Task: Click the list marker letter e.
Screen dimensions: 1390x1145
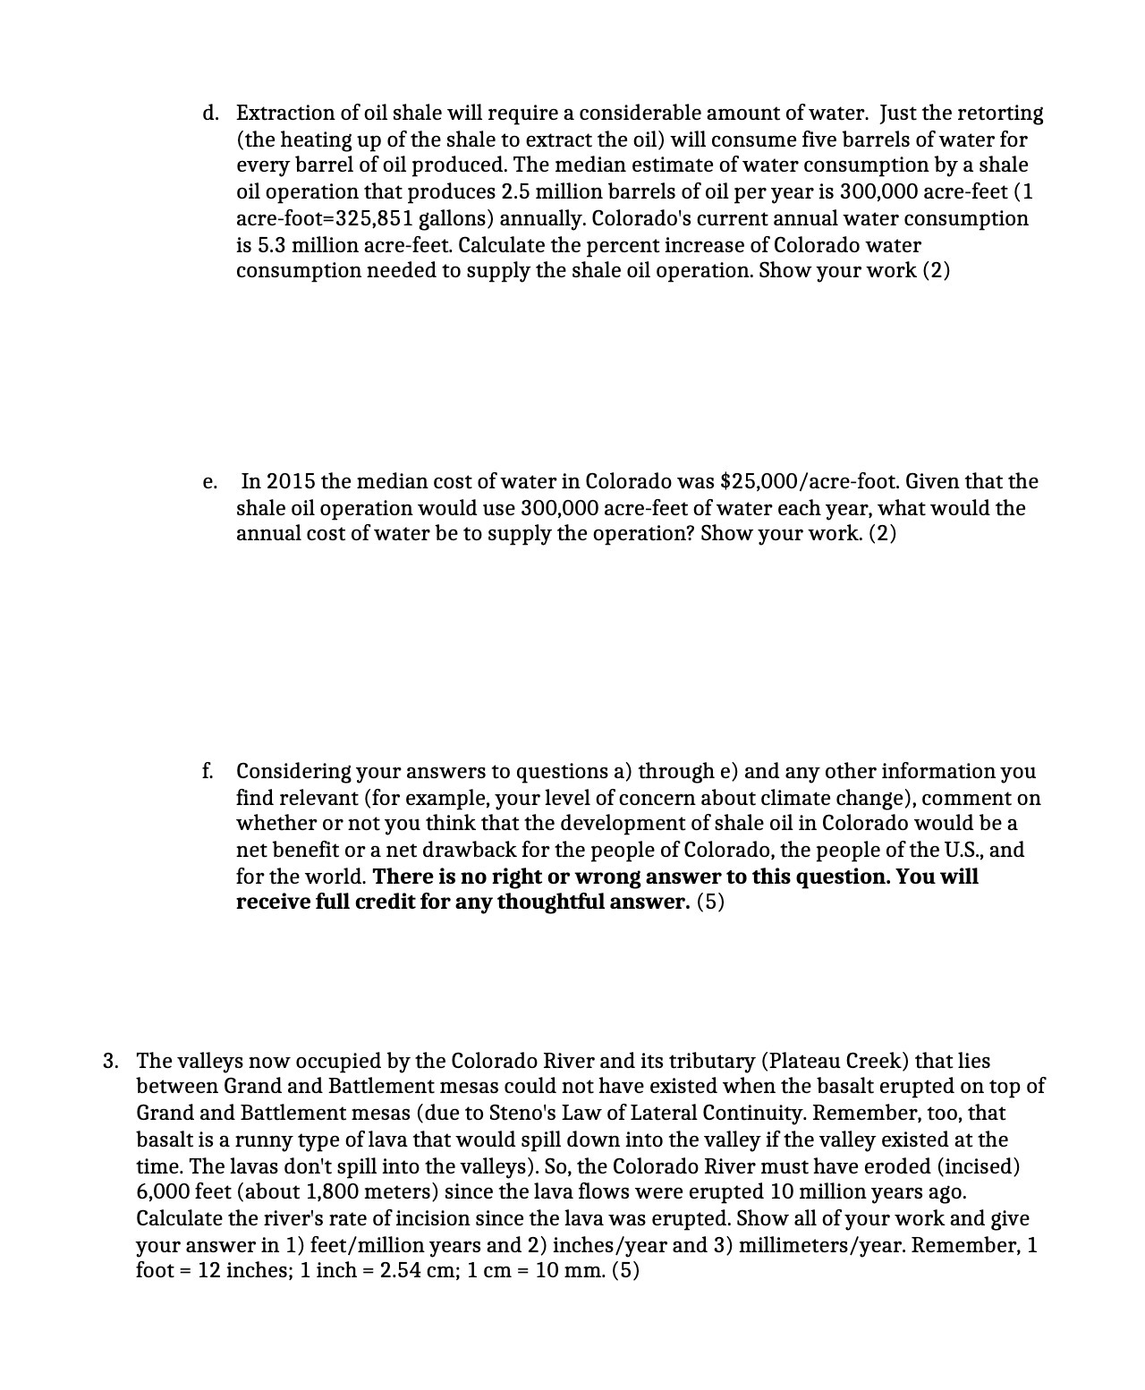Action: pos(209,483)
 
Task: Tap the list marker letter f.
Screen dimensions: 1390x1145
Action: pos(208,771)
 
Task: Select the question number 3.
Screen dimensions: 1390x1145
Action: pos(109,1062)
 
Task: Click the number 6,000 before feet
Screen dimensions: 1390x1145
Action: pos(162,1192)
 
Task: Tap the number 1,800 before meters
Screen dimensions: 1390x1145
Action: pos(335,1192)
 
